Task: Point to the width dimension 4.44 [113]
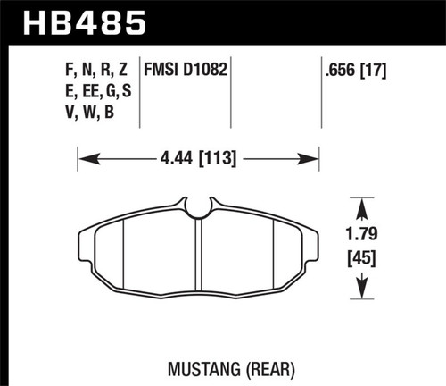point(198,162)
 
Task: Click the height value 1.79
point(363,239)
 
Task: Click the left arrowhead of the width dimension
point(85,162)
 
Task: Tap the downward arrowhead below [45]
point(363,293)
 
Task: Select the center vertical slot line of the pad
point(200,259)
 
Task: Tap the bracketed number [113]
point(219,162)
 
